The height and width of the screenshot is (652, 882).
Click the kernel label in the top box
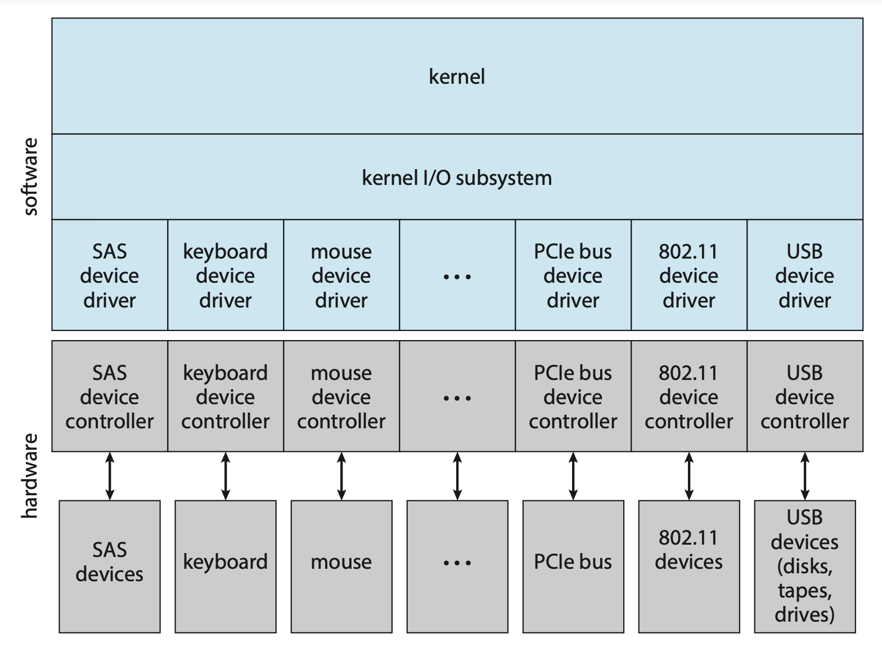coord(457,76)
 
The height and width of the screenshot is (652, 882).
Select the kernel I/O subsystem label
coord(457,178)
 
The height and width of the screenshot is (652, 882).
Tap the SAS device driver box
coord(110,275)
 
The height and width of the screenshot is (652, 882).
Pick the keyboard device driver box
coord(226,275)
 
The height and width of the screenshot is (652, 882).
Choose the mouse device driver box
coord(341,275)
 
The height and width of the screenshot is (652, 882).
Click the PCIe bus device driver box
coord(573,275)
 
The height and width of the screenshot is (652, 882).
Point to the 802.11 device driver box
coord(689,275)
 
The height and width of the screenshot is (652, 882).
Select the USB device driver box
coord(805,275)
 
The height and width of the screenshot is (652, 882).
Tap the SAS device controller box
coord(110,397)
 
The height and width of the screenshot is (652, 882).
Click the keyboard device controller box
coord(226,397)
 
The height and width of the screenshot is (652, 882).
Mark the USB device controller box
coord(805,397)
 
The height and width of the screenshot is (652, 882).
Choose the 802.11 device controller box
coord(689,397)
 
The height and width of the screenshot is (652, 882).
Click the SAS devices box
coord(110,562)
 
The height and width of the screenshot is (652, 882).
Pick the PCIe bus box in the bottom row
coord(573,562)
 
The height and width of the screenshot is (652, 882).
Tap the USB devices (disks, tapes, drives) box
coord(805,565)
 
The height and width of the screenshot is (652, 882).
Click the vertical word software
coord(31,177)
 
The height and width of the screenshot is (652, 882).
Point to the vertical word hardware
coord(31,476)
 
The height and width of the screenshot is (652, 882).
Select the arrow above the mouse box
coord(341,476)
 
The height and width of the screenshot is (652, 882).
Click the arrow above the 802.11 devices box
coord(689,476)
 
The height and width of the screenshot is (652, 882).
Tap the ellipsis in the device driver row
coord(457,277)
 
